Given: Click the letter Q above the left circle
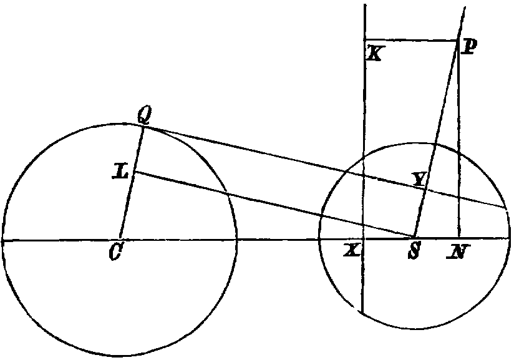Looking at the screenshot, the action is pos(143,115).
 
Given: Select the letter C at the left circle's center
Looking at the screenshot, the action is pos(115,253).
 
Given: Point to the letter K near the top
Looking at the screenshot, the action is pos(374,54).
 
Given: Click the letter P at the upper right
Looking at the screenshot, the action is pos(468,47).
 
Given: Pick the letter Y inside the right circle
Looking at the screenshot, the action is pos(419,179).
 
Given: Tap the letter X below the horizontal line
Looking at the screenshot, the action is pos(352,251).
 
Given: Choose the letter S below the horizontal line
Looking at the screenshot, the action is pos(414,251).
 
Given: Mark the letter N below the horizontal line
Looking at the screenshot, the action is pos(458,251).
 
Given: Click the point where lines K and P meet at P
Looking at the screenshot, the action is pos(458,41).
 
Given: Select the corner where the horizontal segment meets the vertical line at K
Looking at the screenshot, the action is pos(364,40).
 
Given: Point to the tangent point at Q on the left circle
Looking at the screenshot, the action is pos(143,126).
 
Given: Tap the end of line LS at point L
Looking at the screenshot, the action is pos(134,172).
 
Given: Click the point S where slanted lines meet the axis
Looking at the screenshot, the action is pos(414,237).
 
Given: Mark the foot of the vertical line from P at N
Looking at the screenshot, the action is pos(459,237).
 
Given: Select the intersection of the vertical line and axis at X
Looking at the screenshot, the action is pos(363,239).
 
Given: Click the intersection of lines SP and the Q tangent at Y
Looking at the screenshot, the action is pos(425,188).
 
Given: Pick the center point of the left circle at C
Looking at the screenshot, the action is pos(120,240).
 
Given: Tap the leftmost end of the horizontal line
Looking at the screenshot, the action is pos(2,241).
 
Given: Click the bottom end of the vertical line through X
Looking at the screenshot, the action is pos(362,313).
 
